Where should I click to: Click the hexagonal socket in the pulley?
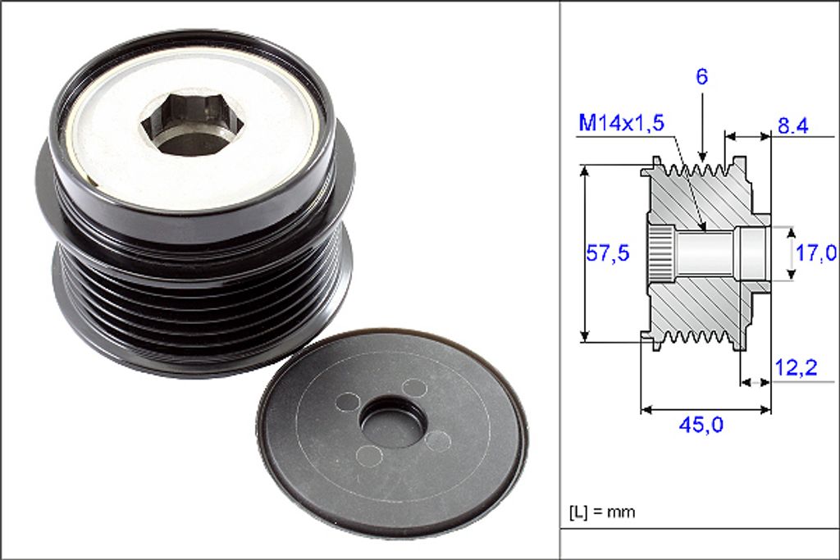[x=192, y=123]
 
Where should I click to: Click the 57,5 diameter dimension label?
[x=608, y=253]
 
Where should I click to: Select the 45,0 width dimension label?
[x=701, y=425]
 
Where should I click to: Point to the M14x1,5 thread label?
[x=622, y=123]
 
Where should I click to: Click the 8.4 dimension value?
[x=792, y=126]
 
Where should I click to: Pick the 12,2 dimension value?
[x=796, y=368]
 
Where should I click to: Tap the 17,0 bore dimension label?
[x=815, y=253]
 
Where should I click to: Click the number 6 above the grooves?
[x=702, y=76]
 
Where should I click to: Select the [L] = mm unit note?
[x=602, y=512]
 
